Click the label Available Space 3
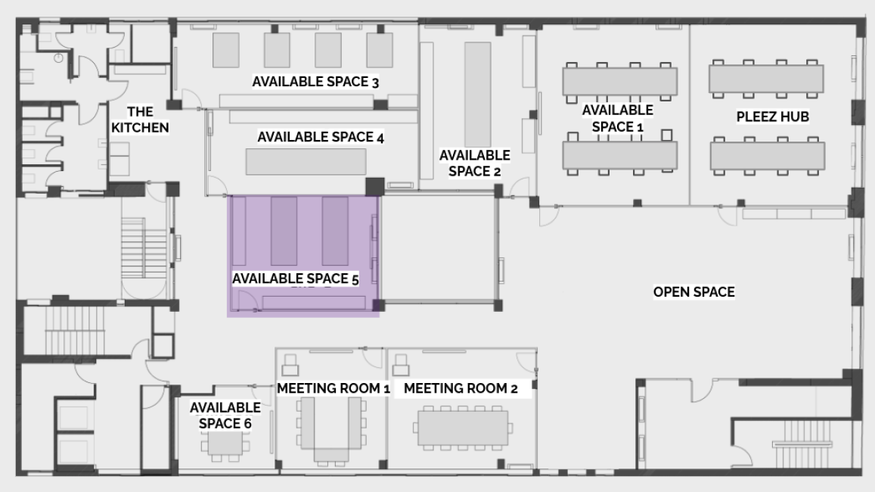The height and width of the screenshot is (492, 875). pyautogui.click(x=315, y=82)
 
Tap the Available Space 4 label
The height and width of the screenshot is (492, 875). pyautogui.click(x=321, y=137)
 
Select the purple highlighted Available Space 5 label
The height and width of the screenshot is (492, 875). pyautogui.click(x=295, y=278)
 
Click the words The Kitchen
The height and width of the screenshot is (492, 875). pyautogui.click(x=139, y=120)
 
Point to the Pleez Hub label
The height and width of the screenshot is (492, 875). pyautogui.click(x=772, y=117)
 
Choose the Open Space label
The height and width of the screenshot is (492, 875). pyautogui.click(x=693, y=292)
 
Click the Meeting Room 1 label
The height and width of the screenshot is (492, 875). pyautogui.click(x=334, y=388)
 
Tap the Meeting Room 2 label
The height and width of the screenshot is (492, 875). pyautogui.click(x=461, y=388)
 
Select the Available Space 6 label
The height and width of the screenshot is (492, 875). pyautogui.click(x=225, y=416)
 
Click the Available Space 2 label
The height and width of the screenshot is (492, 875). pyautogui.click(x=474, y=163)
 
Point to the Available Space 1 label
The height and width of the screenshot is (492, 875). pyautogui.click(x=617, y=118)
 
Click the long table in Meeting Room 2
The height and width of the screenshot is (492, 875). pyautogui.click(x=463, y=428)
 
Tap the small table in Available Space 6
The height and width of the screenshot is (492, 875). pyautogui.click(x=225, y=444)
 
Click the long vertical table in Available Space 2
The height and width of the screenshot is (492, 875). pyautogui.click(x=478, y=94)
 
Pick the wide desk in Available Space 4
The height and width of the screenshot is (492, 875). pyautogui.click(x=306, y=162)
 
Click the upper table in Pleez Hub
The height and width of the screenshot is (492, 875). pyautogui.click(x=766, y=78)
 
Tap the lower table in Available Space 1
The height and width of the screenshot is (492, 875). pyautogui.click(x=620, y=154)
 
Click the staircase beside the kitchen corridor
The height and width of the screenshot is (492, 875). pyautogui.click(x=144, y=247)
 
